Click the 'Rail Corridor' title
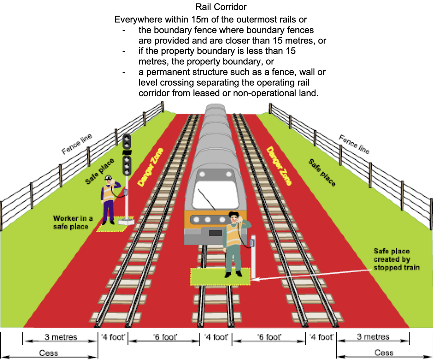click(x=221, y=7)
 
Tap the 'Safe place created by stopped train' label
click(x=396, y=259)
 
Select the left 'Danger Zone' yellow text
click(x=150, y=167)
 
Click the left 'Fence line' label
click(x=77, y=143)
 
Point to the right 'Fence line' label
click(x=354, y=144)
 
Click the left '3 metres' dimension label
click(x=61, y=337)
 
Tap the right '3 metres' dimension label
click(x=373, y=337)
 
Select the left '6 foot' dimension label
click(x=165, y=337)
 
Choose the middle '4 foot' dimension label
click(x=216, y=337)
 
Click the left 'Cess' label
click(x=49, y=353)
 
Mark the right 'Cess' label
click(x=384, y=353)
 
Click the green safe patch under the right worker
click(x=208, y=277)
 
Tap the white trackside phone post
click(x=253, y=260)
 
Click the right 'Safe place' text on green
click(x=322, y=172)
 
